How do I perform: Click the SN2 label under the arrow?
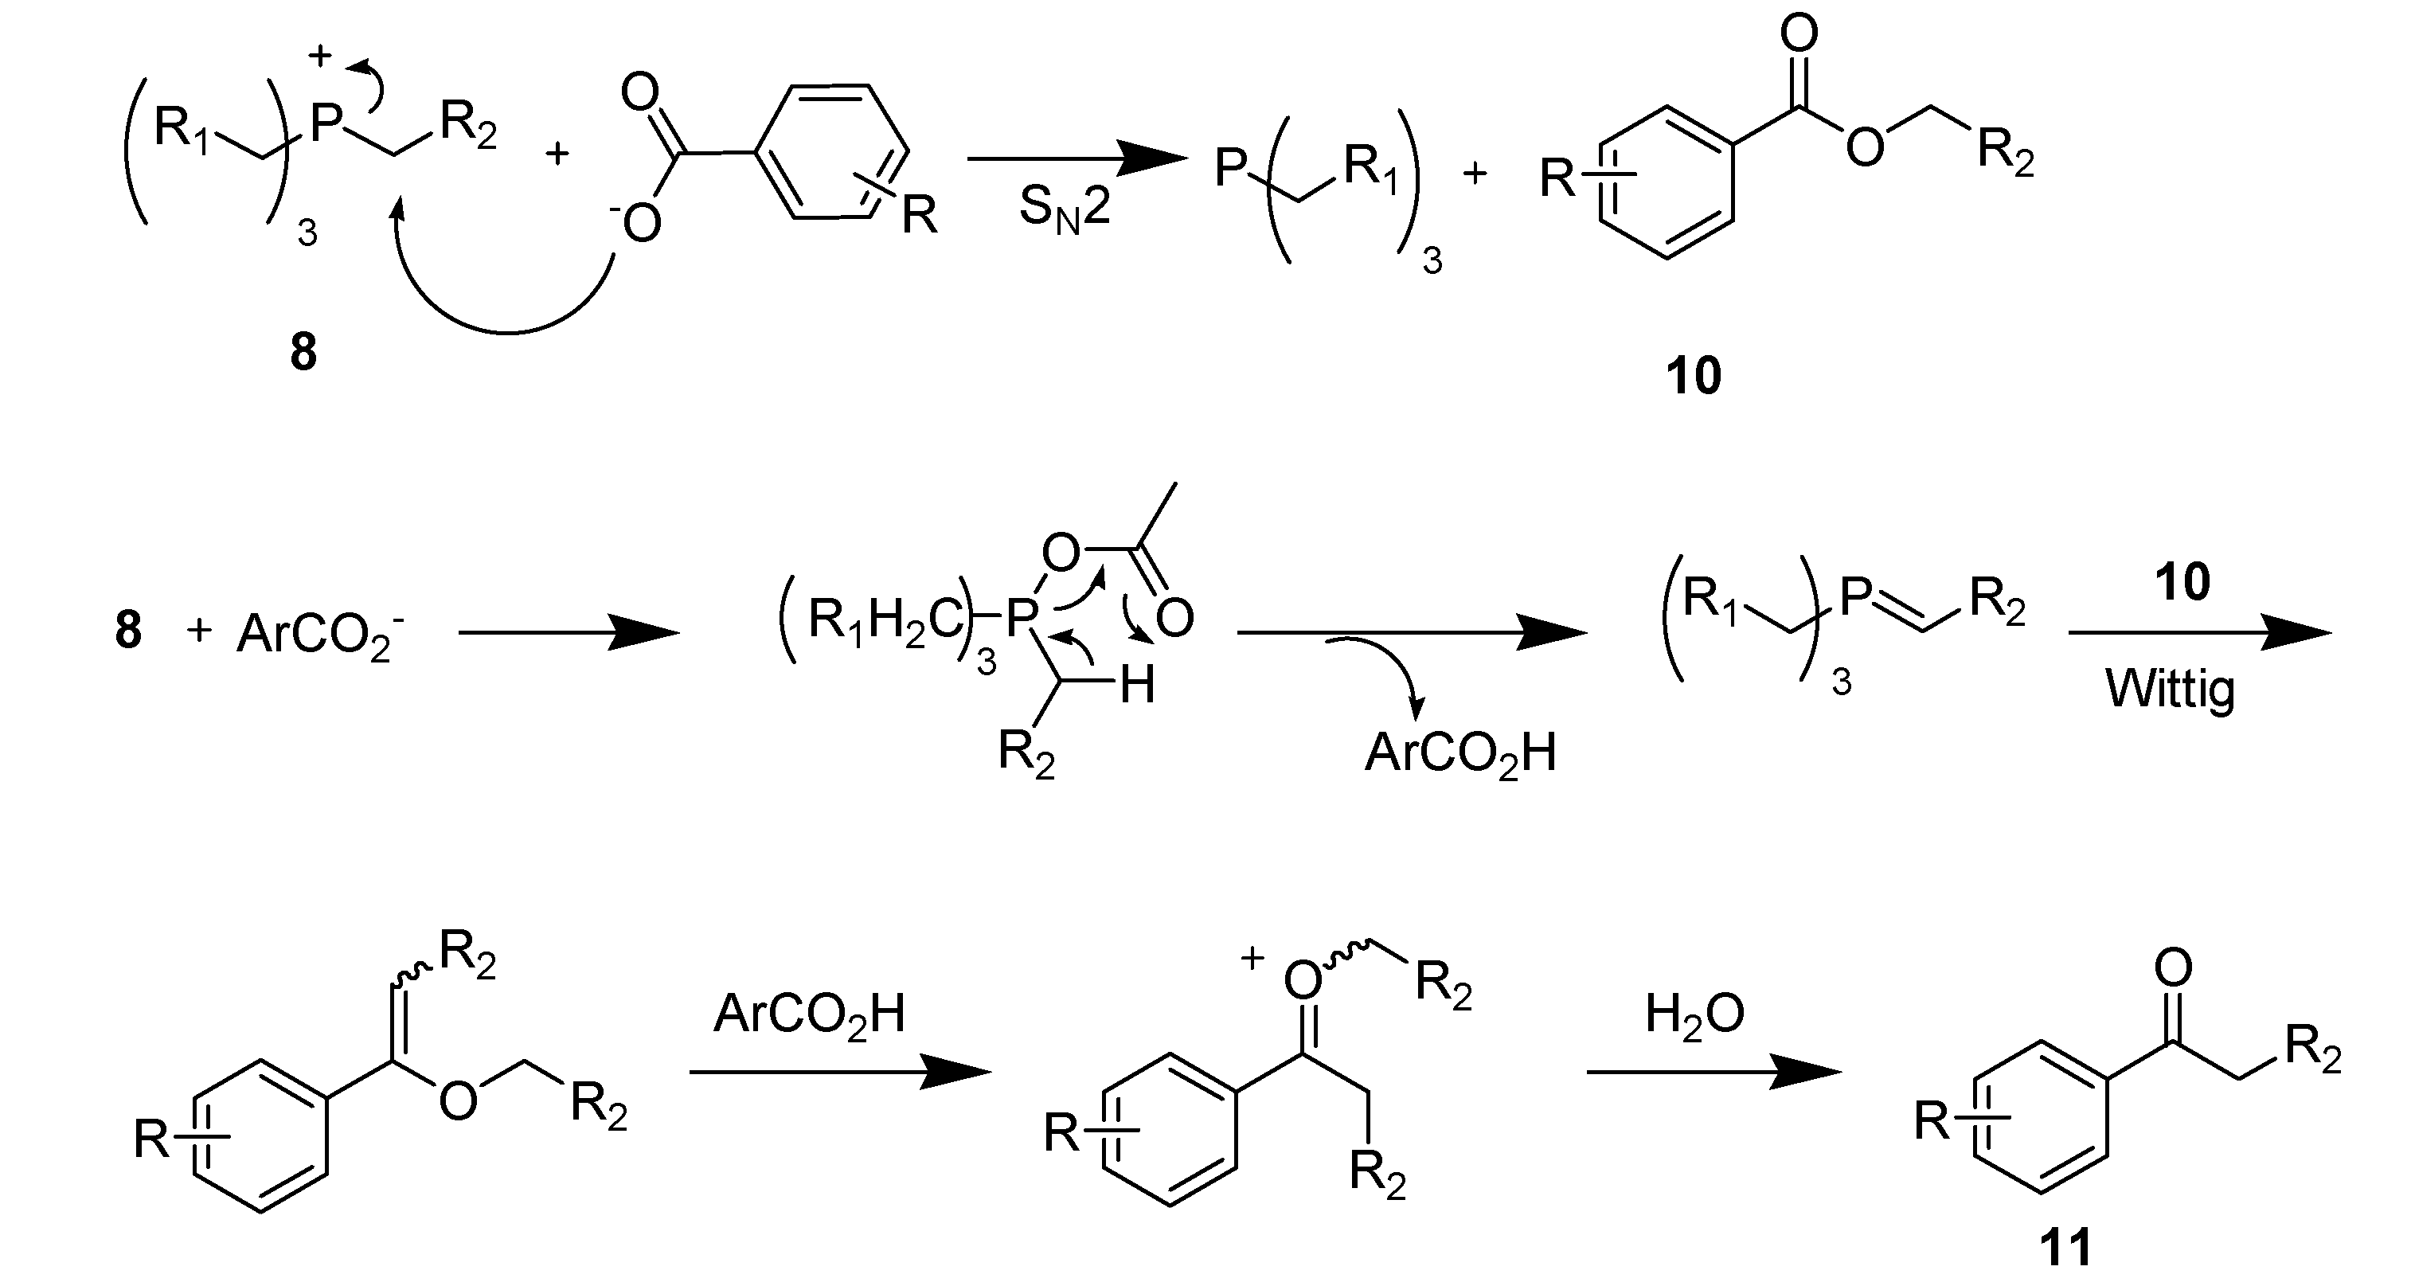pyautogui.click(x=1065, y=208)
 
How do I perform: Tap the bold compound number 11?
pyautogui.click(x=2065, y=1249)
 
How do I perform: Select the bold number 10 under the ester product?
pyautogui.click(x=1693, y=376)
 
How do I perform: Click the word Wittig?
pyautogui.click(x=2171, y=690)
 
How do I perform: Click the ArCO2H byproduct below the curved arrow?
pyautogui.click(x=1460, y=753)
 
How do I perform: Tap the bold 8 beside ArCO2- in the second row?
pyautogui.click(x=128, y=631)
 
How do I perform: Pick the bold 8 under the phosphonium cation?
pyautogui.click(x=303, y=354)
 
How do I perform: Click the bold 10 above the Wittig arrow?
pyautogui.click(x=2182, y=582)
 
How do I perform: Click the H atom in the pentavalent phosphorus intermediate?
pyautogui.click(x=1137, y=686)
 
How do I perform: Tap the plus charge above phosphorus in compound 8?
pyautogui.click(x=320, y=57)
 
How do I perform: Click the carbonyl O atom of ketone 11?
pyautogui.click(x=2173, y=968)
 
